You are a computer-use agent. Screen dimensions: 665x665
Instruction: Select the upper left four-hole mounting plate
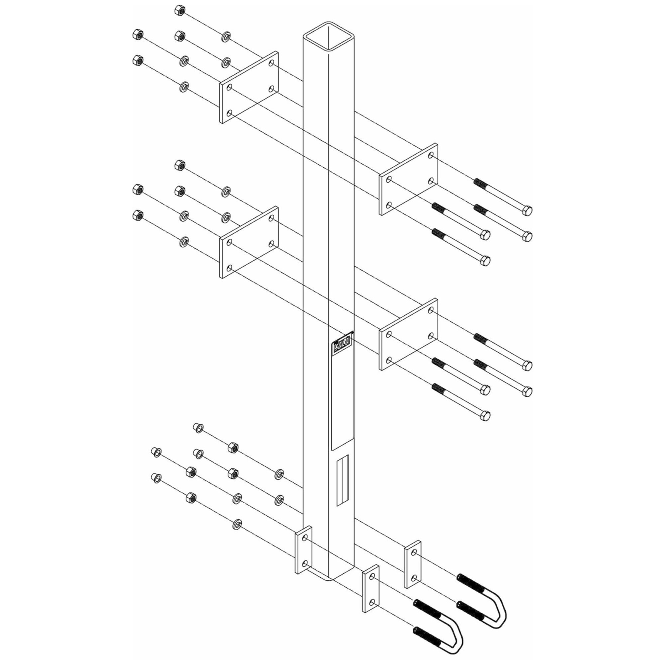(249, 87)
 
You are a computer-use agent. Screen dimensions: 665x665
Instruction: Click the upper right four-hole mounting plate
(409, 179)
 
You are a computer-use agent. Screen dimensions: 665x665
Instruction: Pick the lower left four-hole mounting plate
(249, 242)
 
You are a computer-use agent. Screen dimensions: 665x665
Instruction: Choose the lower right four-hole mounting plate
(409, 334)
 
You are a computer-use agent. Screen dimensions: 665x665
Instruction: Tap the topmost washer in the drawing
(226, 36)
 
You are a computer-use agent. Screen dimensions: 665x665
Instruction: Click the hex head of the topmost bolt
(527, 210)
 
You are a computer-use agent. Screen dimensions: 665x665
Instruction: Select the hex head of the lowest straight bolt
(485, 415)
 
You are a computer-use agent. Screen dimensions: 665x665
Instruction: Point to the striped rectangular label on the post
(343, 481)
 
